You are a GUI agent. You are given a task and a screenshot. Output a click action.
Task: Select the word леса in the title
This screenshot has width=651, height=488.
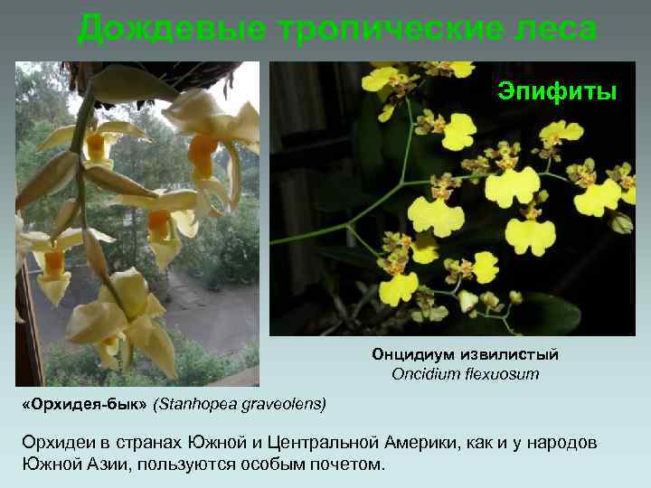[x=552, y=29]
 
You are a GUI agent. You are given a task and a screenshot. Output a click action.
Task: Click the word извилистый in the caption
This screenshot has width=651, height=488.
[x=514, y=354]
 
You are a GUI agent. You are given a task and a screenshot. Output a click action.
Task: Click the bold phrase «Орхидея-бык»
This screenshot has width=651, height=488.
[x=86, y=403]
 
